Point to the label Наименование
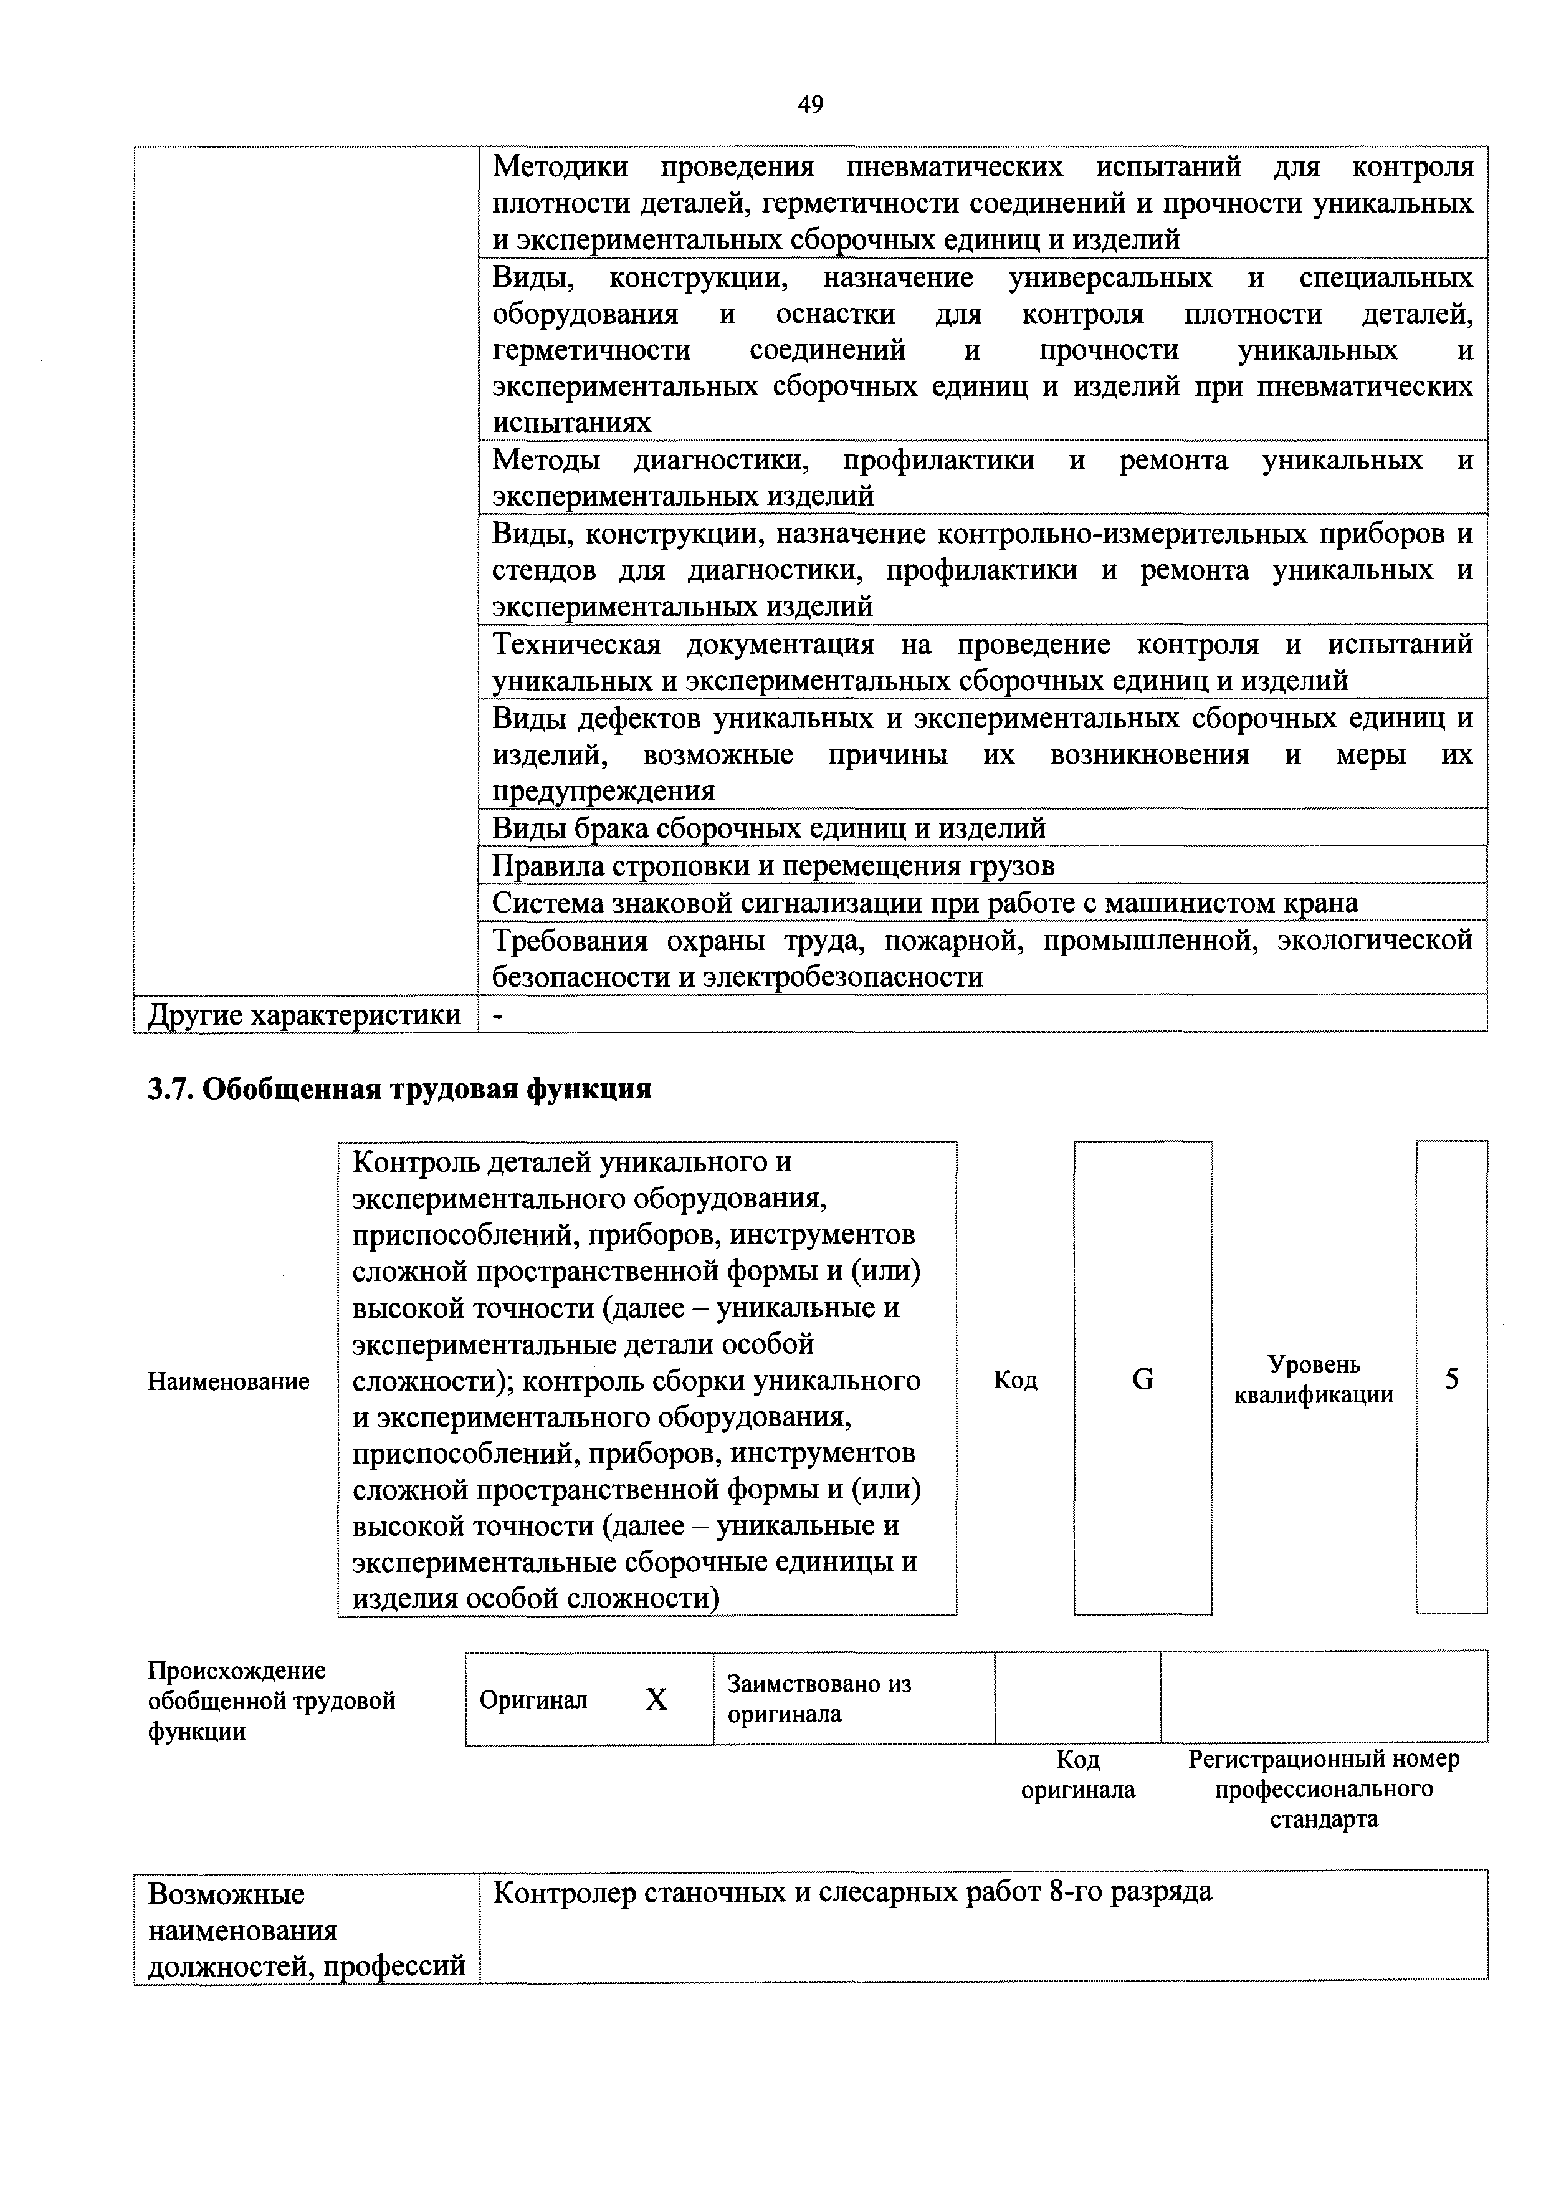pos(229,1381)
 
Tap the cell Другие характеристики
pos(305,1015)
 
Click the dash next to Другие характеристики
pos(497,1015)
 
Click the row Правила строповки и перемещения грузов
pos(773,865)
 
